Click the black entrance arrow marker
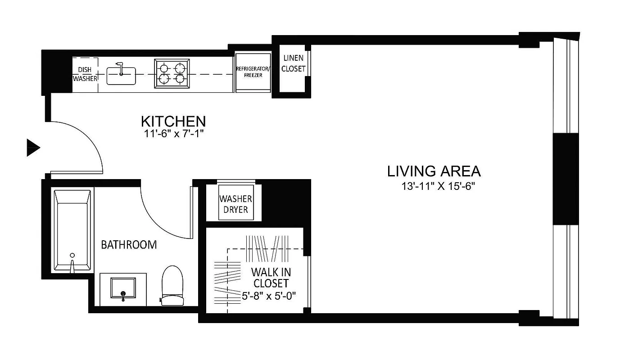tap(33, 148)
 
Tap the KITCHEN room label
tap(173, 121)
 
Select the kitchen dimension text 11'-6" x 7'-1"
tap(173, 134)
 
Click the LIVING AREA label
tap(434, 171)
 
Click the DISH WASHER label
tap(85, 74)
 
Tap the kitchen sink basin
tap(121, 76)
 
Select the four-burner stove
tap(172, 73)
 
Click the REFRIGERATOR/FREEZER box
tap(253, 72)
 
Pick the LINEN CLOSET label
tap(293, 63)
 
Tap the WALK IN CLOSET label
tap(271, 277)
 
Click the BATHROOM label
tap(129, 245)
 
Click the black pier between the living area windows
tap(565, 179)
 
